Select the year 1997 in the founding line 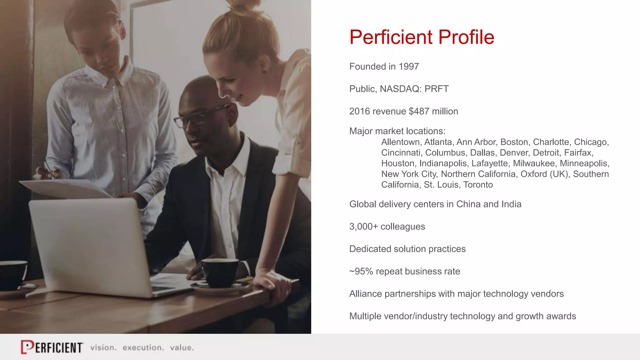[408, 67]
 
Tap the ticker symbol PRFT [436, 89]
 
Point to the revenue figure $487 [419, 111]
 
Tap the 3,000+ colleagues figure [363, 227]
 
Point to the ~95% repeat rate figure [361, 272]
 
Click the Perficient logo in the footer [52, 347]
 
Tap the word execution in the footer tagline [143, 348]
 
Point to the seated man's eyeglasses [200, 117]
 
